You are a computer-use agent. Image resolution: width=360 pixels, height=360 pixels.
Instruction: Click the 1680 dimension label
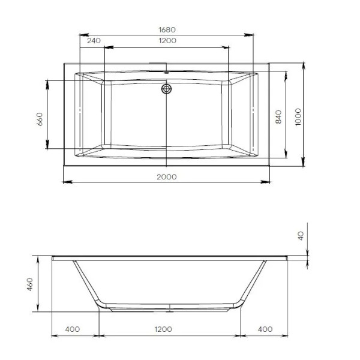pyautogui.click(x=167, y=30)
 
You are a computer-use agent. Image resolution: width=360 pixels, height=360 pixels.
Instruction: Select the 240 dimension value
pyautogui.click(x=94, y=41)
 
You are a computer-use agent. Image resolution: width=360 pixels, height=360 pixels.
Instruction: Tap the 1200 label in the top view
pyautogui.click(x=167, y=41)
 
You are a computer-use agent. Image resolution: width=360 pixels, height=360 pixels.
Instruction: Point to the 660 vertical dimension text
pyautogui.click(x=40, y=119)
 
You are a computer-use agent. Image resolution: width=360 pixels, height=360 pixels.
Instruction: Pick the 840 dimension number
pyautogui.click(x=278, y=117)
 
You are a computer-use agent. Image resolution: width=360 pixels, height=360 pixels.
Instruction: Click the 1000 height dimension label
pyautogui.click(x=298, y=117)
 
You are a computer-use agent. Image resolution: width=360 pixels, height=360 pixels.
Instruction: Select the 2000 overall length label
pyautogui.click(x=167, y=177)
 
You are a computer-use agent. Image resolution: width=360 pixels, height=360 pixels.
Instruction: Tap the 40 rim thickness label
pyautogui.click(x=301, y=236)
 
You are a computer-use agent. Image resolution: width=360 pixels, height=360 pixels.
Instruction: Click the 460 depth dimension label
pyautogui.click(x=30, y=284)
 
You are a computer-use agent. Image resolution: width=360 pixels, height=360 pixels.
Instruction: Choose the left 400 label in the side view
pyautogui.click(x=73, y=329)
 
